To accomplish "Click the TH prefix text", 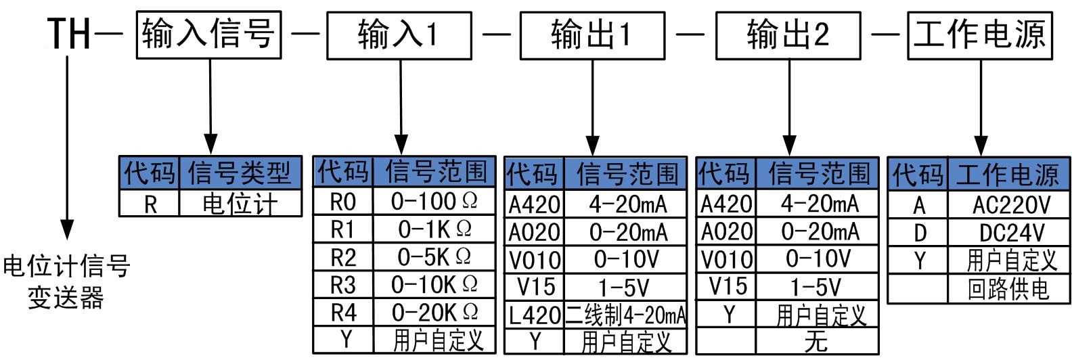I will tap(69, 34).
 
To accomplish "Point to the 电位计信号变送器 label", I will tap(66, 282).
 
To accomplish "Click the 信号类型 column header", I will tap(240, 173).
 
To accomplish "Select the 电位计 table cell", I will tap(240, 204).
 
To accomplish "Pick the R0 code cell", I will tap(343, 202).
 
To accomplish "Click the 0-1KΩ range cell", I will tap(434, 229).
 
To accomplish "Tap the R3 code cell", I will tap(343, 285).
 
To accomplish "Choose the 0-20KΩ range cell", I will tap(434, 313).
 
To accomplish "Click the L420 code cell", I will tap(535, 315).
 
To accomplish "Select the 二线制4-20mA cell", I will tap(625, 315).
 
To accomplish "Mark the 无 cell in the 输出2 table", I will tap(816, 340).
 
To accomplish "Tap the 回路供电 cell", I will tap(1008, 290).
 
